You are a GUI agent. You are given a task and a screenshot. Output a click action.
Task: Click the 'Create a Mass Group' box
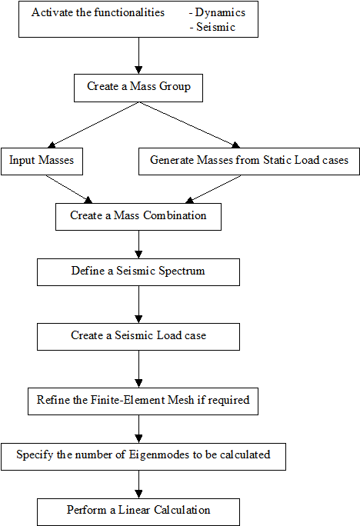point(138,88)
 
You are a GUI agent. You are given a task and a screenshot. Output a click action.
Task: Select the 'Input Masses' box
point(42,161)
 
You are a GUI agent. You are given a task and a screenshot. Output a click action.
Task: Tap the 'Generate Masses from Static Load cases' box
point(249,161)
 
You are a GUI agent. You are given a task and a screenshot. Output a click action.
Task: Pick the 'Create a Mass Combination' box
point(138,217)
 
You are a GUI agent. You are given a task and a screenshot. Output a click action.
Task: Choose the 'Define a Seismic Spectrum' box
point(138,272)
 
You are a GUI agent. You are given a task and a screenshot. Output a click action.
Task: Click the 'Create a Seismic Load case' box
point(138,337)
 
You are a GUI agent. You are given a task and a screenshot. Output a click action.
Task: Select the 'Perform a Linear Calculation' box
point(138,512)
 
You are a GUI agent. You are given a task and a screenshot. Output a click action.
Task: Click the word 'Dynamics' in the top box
point(220,13)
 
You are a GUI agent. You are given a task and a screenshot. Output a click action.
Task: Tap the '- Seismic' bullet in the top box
point(212,27)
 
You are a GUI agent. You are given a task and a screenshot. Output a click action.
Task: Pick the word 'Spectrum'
point(182,271)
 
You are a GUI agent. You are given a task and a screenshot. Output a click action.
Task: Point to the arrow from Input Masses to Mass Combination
point(68,189)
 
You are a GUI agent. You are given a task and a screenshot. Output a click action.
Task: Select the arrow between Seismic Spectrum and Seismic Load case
point(138,305)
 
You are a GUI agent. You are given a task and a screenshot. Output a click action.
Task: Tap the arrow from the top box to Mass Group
point(138,55)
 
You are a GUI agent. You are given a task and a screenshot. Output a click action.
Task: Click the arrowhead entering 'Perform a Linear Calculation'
point(138,494)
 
